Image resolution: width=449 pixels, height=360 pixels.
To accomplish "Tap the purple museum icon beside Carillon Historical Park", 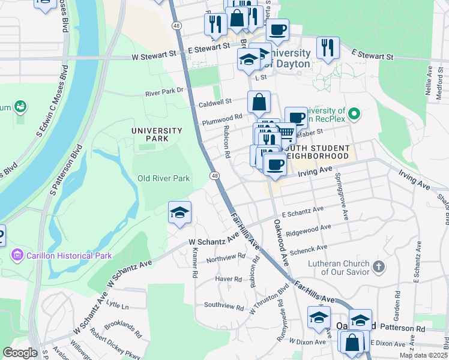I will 17,256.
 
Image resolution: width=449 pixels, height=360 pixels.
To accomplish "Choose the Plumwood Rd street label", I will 221,118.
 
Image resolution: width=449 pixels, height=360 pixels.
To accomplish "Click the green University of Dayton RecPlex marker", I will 354,113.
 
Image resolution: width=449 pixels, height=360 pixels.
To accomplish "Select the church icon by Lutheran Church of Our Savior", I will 378,266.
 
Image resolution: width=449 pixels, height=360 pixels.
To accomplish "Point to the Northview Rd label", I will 225,256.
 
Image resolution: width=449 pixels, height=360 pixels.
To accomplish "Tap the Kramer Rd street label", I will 194,265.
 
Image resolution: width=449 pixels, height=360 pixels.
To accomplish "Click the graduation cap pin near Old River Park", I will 179,213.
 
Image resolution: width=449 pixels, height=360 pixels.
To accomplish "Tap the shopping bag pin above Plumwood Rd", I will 259,103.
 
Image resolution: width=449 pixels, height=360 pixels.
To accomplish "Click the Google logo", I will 20,353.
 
